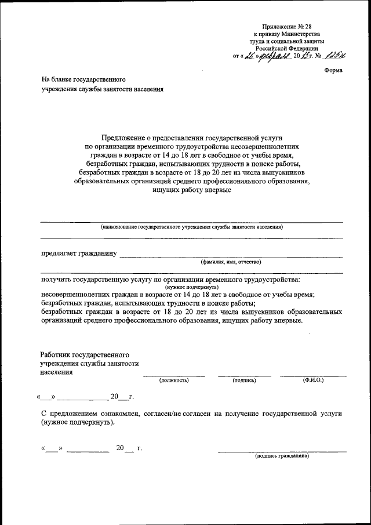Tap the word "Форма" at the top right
pyautogui.click(x=333, y=70)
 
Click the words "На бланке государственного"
pyautogui.click(x=83, y=78)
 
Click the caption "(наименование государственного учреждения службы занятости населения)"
pyautogui.click(x=191, y=227)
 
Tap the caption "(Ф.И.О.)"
pyautogui.click(x=313, y=379)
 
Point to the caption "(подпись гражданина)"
pyautogui.click(x=282, y=456)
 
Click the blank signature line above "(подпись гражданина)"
pyautogui.click(x=282, y=451)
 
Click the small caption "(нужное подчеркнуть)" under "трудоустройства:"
pyautogui.click(x=191, y=287)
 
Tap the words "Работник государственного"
pyautogui.click(x=85, y=354)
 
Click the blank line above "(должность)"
pyautogui.click(x=174, y=375)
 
